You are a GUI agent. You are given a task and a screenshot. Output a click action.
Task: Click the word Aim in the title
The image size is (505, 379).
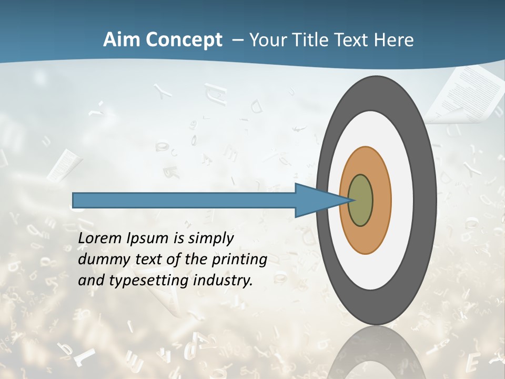119,41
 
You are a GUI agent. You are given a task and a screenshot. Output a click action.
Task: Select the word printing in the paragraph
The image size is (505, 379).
239,260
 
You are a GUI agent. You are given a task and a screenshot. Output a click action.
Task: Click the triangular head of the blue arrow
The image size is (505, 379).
316,201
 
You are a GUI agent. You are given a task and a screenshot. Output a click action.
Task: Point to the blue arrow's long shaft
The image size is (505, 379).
184,200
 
